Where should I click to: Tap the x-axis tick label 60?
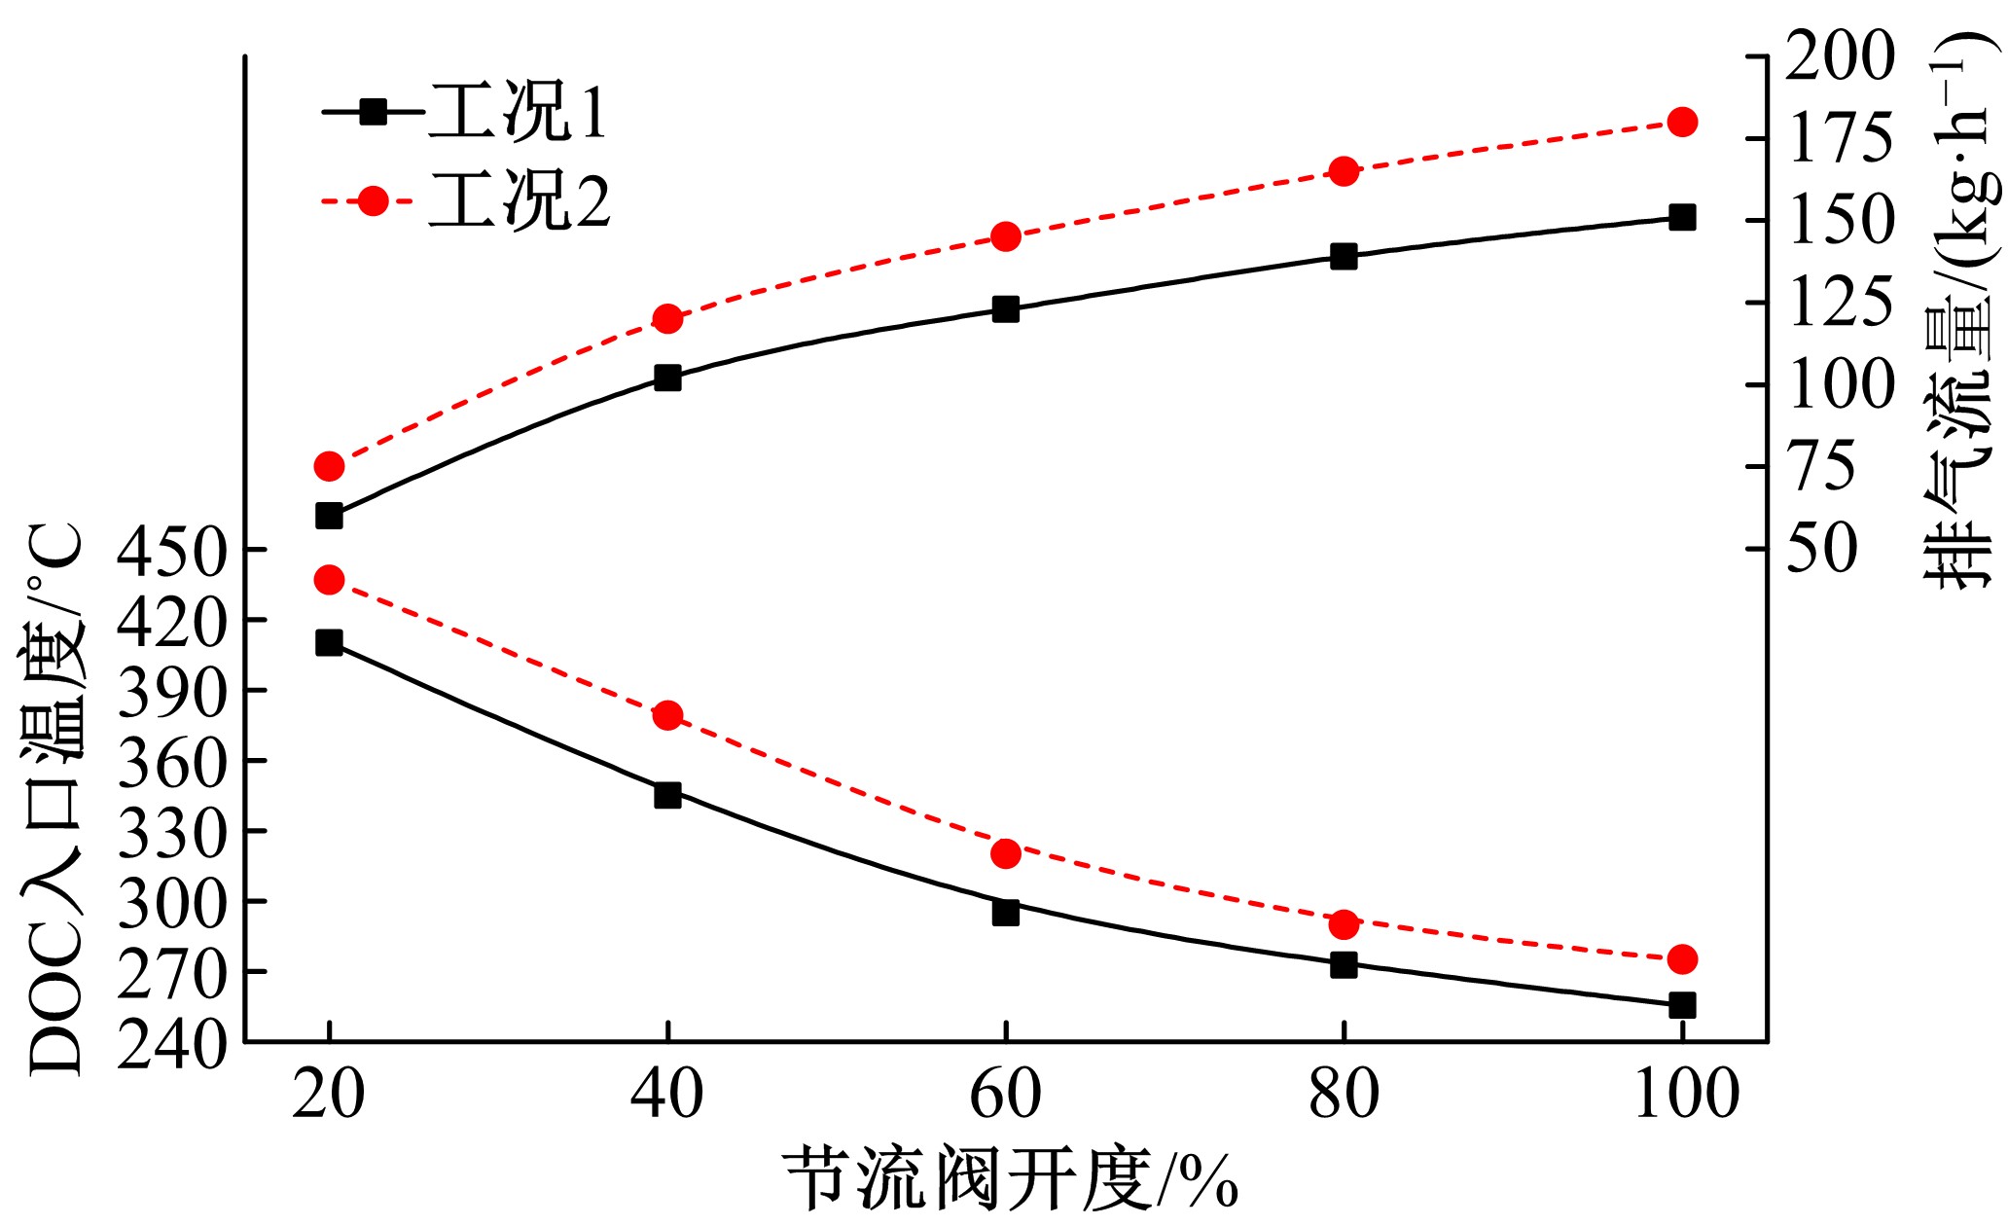1005,1095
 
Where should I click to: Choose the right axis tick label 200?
1840,55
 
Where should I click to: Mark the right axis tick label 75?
1825,467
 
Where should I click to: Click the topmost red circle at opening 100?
1682,122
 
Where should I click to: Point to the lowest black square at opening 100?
1682,1005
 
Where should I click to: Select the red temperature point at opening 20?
329,580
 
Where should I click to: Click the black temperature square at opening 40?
667,795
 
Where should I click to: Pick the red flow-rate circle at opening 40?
667,318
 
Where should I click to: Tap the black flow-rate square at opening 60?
1005,309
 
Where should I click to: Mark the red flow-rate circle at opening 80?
1344,171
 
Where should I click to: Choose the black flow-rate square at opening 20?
329,515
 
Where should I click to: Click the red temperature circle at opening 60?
1005,853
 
